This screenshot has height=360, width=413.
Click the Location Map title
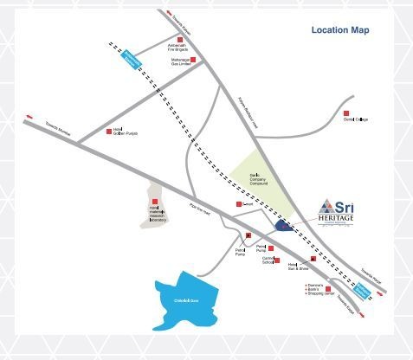(x=340, y=30)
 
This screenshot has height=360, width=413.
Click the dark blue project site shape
(x=283, y=225)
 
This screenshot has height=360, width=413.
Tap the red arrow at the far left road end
(x=32, y=114)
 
